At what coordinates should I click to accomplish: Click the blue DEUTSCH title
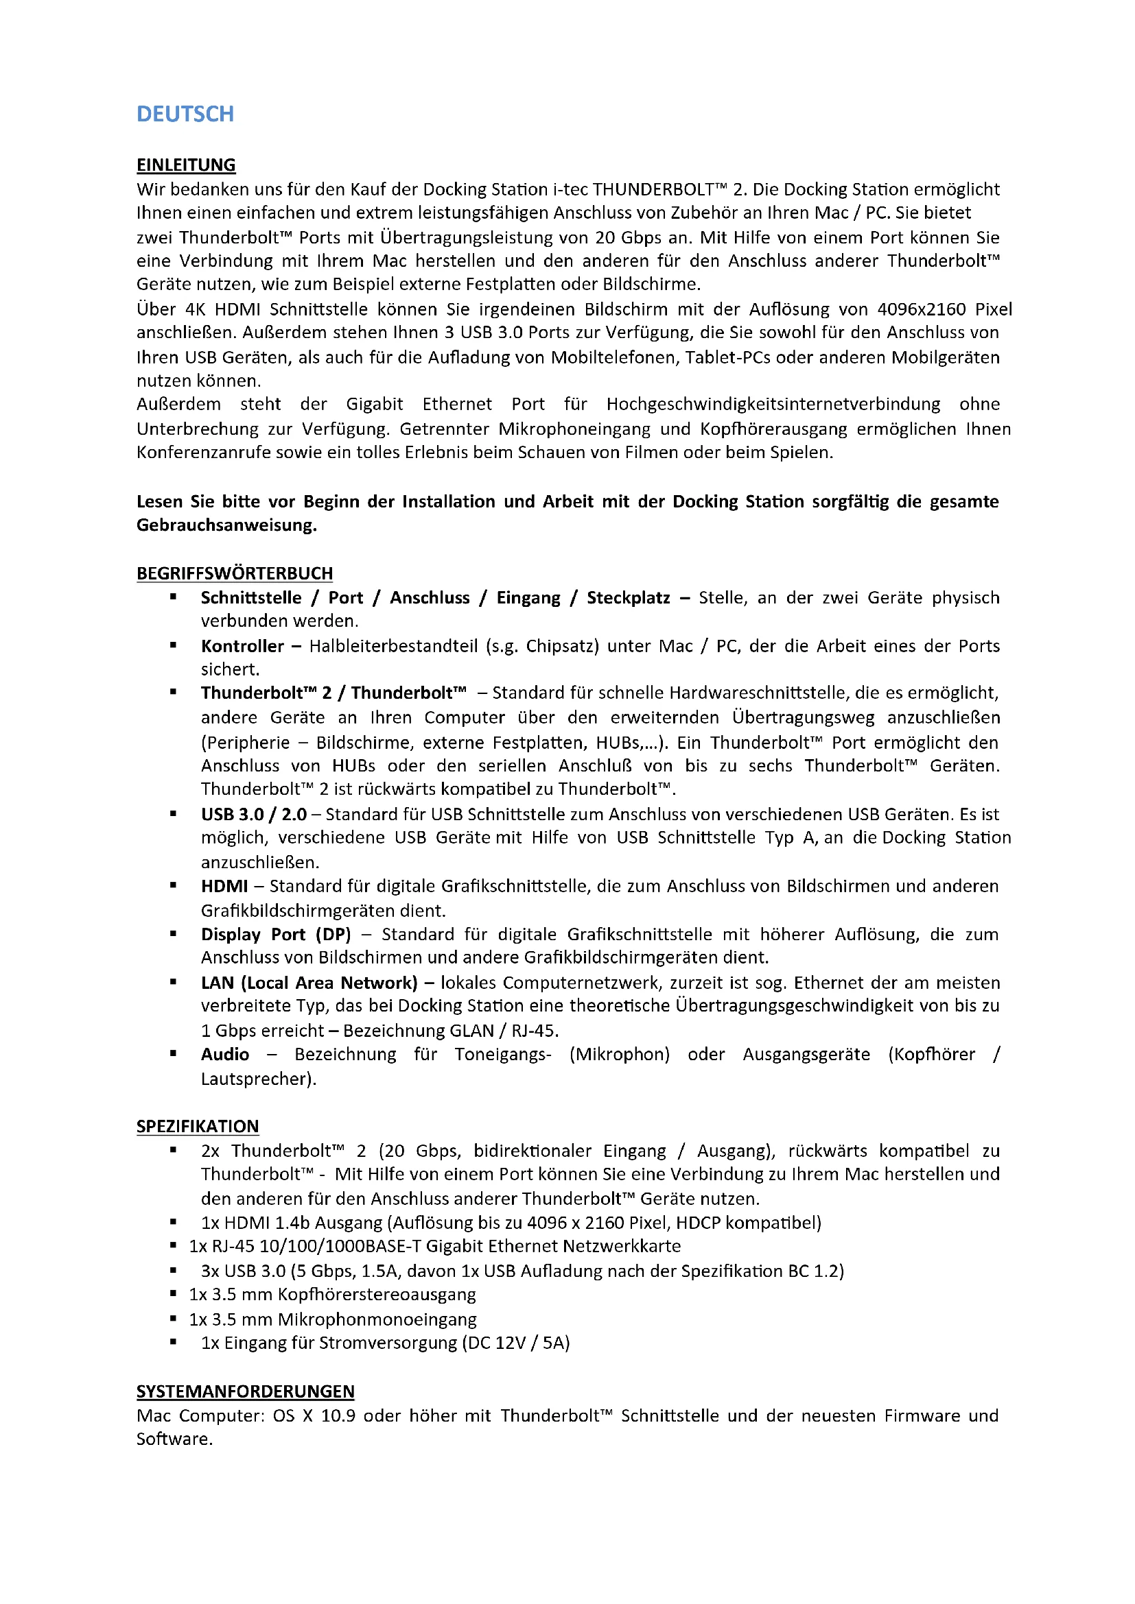point(185,114)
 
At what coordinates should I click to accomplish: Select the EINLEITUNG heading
point(186,165)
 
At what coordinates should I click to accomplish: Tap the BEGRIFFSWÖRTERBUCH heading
point(234,573)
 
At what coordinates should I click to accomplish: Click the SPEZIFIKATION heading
point(198,1126)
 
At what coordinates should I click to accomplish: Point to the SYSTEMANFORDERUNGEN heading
point(245,1391)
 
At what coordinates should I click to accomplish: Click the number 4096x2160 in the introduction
point(921,309)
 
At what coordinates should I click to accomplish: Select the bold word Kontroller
point(242,646)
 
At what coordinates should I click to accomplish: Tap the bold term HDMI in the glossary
point(224,887)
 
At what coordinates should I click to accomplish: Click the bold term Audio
point(225,1054)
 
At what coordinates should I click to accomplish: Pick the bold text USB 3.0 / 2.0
point(254,815)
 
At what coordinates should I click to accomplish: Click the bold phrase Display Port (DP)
point(276,935)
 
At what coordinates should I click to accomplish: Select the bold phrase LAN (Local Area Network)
point(309,983)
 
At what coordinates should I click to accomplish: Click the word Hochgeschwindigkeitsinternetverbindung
point(773,405)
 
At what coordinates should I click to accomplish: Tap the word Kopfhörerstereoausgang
point(377,1295)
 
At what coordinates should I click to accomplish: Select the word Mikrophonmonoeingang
point(377,1319)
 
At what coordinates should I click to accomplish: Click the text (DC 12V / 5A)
point(516,1343)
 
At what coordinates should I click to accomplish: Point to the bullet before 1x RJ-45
point(173,1245)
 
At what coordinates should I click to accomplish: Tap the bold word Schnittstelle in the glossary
point(251,598)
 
